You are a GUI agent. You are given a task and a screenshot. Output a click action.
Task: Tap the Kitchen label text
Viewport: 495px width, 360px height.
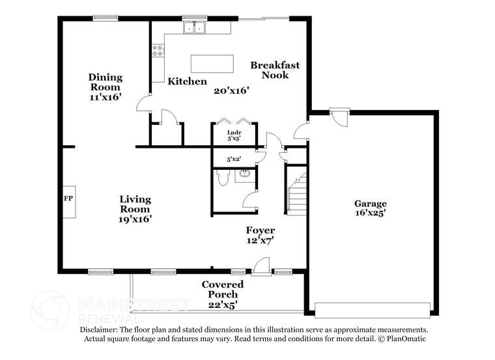[x=188, y=81]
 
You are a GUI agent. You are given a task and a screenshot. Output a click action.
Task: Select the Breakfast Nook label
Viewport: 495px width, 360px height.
[x=275, y=70]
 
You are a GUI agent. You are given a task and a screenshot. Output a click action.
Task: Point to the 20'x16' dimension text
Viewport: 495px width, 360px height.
[x=232, y=91]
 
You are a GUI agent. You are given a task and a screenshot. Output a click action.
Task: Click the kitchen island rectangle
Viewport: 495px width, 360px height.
[x=212, y=63]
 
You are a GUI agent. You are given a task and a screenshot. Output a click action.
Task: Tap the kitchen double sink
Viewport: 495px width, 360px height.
[x=194, y=27]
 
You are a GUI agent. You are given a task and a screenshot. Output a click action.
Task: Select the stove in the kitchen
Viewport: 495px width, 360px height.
[x=158, y=50]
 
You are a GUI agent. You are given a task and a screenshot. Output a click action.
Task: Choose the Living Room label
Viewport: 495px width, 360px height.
[x=135, y=204]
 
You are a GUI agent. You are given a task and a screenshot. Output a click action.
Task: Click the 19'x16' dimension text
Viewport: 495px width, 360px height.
[x=135, y=219]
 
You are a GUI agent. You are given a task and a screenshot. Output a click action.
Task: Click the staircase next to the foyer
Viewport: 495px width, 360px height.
[x=298, y=191]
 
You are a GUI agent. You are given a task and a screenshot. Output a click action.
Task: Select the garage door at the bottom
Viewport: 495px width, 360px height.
[x=373, y=309]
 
